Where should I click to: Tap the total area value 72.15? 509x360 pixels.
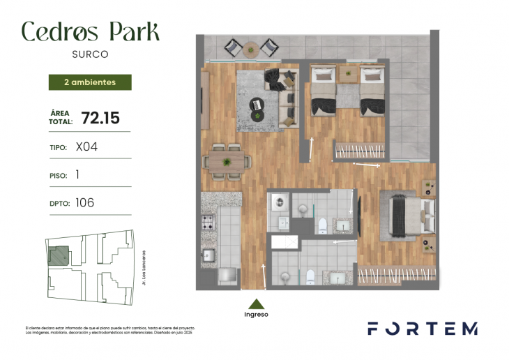(x=100, y=118)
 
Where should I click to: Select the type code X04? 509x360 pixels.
(x=86, y=147)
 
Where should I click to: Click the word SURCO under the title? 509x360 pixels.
(x=90, y=52)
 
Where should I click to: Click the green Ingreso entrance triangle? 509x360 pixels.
(x=257, y=303)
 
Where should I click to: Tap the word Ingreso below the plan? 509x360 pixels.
(x=257, y=314)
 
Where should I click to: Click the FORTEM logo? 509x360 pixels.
(x=423, y=328)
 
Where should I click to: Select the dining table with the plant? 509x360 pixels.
(x=227, y=161)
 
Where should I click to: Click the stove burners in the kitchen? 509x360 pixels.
(x=208, y=224)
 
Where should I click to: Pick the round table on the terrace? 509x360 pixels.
(x=251, y=48)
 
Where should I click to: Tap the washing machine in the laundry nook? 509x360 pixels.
(x=278, y=202)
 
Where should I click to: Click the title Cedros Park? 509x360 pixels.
(x=91, y=31)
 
